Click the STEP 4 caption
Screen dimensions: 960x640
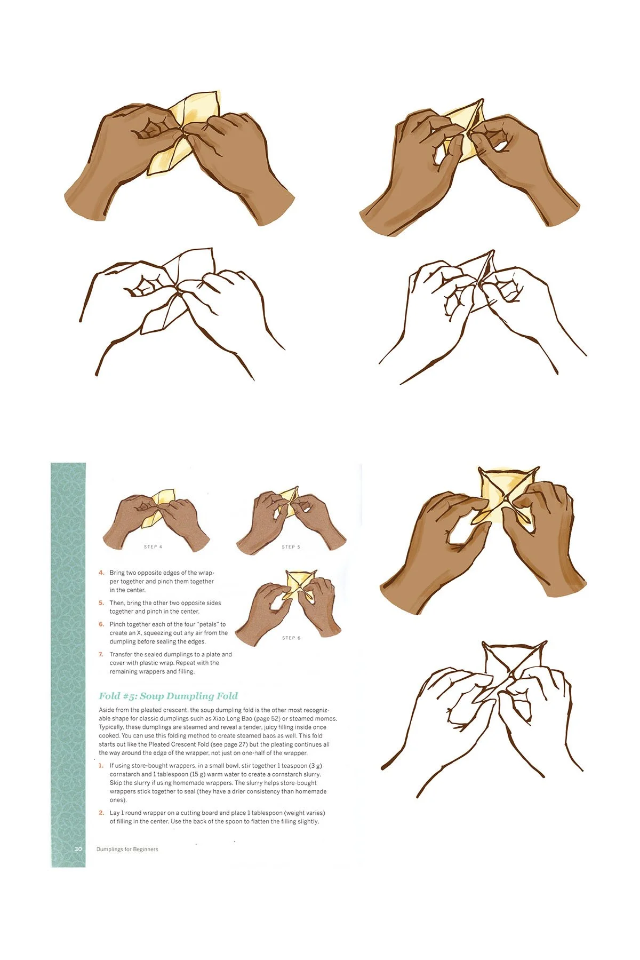[153, 546]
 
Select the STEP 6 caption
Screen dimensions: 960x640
[291, 638]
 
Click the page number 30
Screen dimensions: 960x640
[78, 849]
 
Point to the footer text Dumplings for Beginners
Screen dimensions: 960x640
[127, 849]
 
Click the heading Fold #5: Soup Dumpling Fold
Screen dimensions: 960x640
[168, 696]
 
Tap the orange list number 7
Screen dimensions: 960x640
[101, 654]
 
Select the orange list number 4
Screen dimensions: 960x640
[101, 573]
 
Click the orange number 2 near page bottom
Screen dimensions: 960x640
[101, 813]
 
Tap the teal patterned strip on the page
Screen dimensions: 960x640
[68, 640]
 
